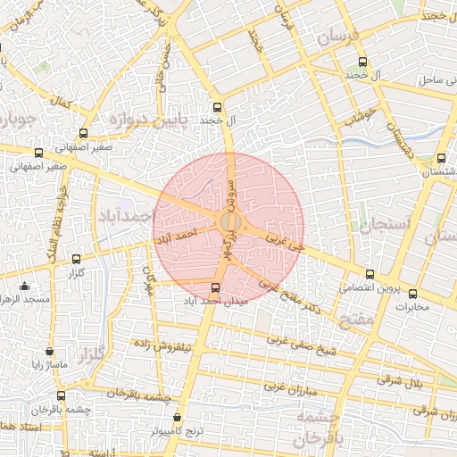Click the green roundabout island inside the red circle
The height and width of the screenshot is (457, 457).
pos(229,220)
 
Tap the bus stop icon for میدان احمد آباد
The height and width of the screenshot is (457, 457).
pos(215,287)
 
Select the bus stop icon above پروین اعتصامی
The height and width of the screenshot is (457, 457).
pos(370,273)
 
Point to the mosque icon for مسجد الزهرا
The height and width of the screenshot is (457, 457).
pos(24,286)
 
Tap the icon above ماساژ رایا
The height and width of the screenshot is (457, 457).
pos(49,351)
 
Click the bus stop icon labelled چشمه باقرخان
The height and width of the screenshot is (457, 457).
pos(62,395)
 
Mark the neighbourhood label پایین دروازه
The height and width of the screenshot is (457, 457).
pos(147,119)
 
